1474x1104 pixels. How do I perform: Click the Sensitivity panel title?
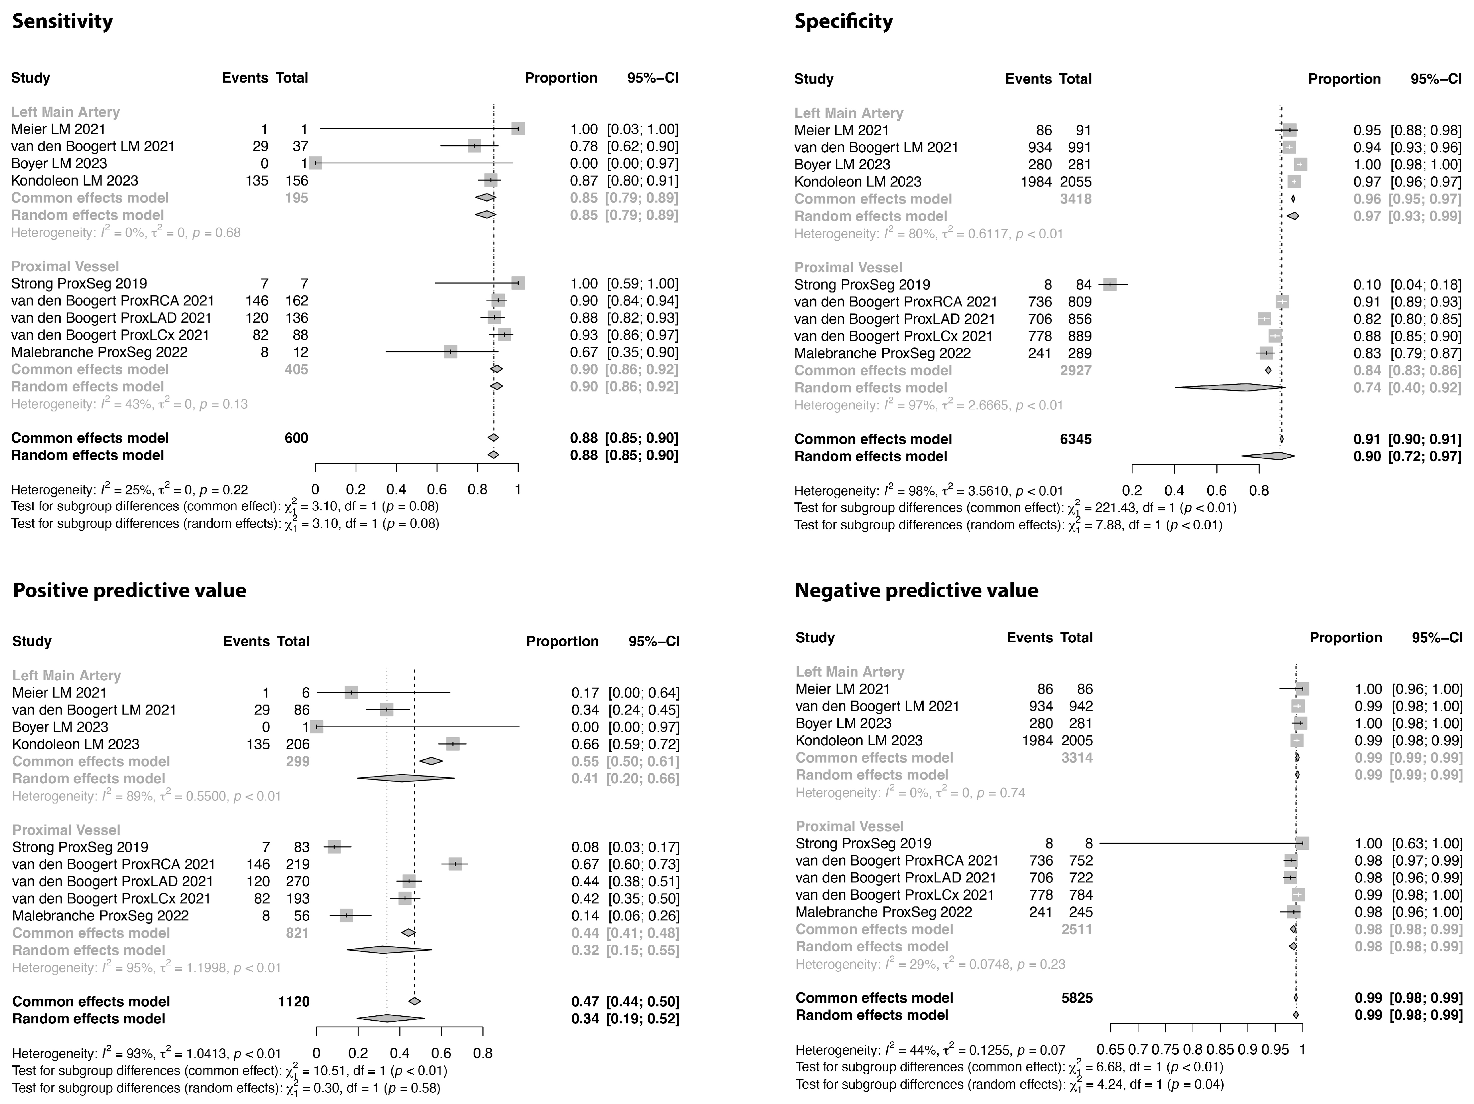(63, 21)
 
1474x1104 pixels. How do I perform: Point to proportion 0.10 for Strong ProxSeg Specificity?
(1367, 285)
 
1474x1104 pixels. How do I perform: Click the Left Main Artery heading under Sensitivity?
(65, 112)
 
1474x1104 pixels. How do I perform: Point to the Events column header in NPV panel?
(1030, 637)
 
